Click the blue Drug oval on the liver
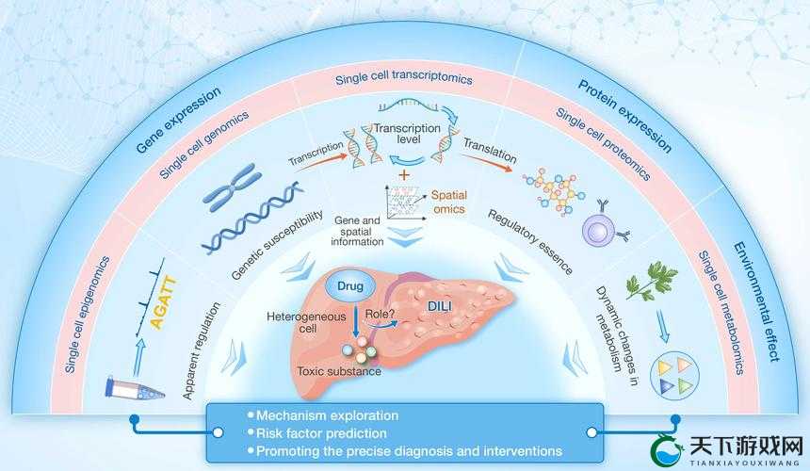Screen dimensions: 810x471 [x=350, y=286]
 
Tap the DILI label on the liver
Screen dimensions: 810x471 [x=440, y=307]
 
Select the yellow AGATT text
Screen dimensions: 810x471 [x=164, y=302]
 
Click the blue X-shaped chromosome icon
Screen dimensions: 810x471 [x=231, y=187]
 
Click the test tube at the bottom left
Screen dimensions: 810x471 [x=136, y=388]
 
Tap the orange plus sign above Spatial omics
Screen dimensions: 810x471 [x=403, y=174]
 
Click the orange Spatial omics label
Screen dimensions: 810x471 [x=449, y=202]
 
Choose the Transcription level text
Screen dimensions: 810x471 [x=407, y=134]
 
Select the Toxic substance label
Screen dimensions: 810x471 [x=339, y=371]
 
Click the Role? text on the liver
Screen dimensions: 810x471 [x=380, y=314]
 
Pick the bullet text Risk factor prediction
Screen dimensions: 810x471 [x=321, y=433]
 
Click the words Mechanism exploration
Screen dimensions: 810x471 [x=328, y=415]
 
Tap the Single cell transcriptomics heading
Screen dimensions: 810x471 [x=404, y=77]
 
